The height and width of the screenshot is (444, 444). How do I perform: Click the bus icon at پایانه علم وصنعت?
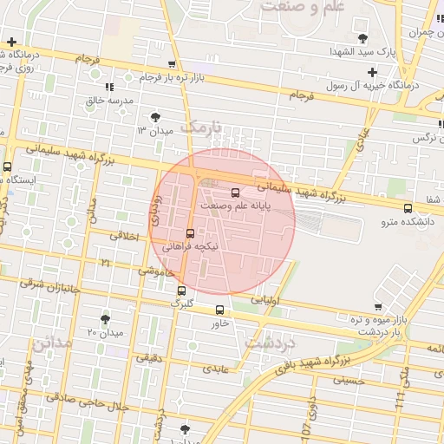point(235,193)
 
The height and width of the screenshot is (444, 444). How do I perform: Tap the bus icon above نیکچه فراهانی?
point(190,233)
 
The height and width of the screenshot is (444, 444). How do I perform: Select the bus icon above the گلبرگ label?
point(181,291)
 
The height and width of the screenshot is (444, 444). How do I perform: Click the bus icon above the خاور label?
point(219,310)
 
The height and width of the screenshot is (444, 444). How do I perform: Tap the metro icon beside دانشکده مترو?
point(408,207)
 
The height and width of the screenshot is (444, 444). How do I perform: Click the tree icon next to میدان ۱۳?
point(155,117)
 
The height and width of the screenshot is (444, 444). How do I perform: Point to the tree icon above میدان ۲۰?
point(106,319)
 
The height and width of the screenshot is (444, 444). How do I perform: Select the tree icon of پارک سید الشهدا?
point(362,38)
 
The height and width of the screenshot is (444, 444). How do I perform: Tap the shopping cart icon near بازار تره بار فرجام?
point(172,64)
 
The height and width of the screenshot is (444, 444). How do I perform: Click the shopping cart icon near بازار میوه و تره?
point(378,306)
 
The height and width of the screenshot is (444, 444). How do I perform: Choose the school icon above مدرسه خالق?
point(109,87)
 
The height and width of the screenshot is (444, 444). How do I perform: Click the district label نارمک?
point(206,127)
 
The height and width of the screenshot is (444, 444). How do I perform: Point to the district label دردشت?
point(270,342)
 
